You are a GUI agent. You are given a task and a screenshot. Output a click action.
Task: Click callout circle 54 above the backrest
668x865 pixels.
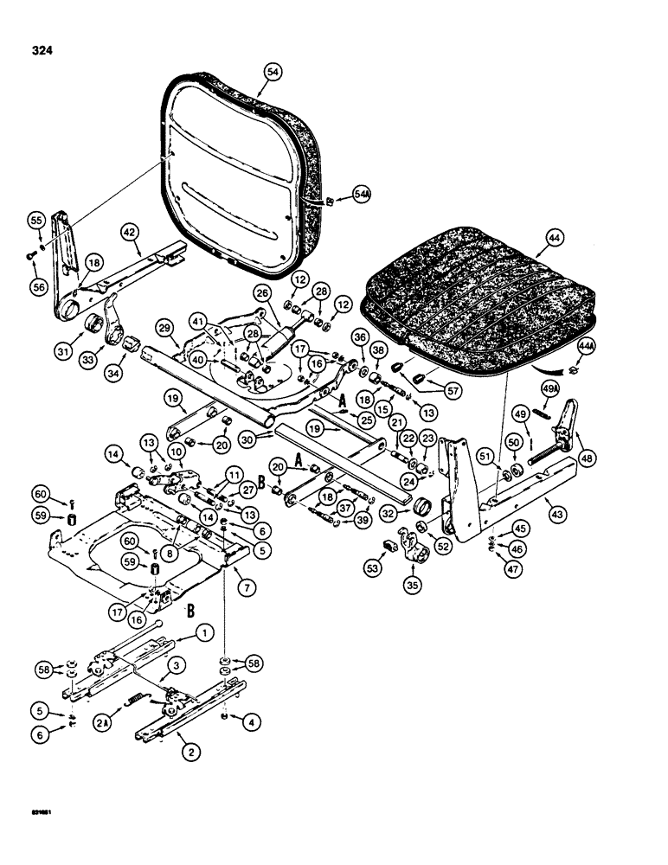pyautogui.click(x=273, y=74)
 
